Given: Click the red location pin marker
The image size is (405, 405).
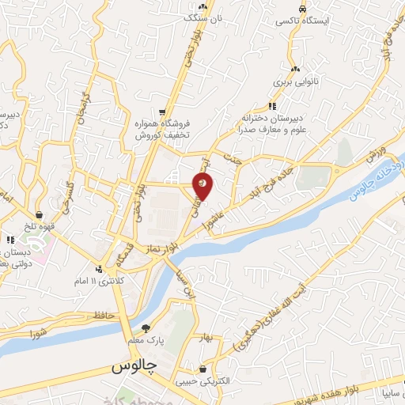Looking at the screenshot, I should (203, 186).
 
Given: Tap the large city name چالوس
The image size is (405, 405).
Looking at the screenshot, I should (132, 368).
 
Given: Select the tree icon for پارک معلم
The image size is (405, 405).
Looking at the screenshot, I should (145, 327).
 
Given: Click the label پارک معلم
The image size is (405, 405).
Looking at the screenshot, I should (146, 340).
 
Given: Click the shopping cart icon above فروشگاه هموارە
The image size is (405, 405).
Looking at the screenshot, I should (161, 112).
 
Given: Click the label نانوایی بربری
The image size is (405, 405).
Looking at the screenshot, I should (294, 81).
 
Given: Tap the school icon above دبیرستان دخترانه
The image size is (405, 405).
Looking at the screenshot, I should (272, 105).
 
